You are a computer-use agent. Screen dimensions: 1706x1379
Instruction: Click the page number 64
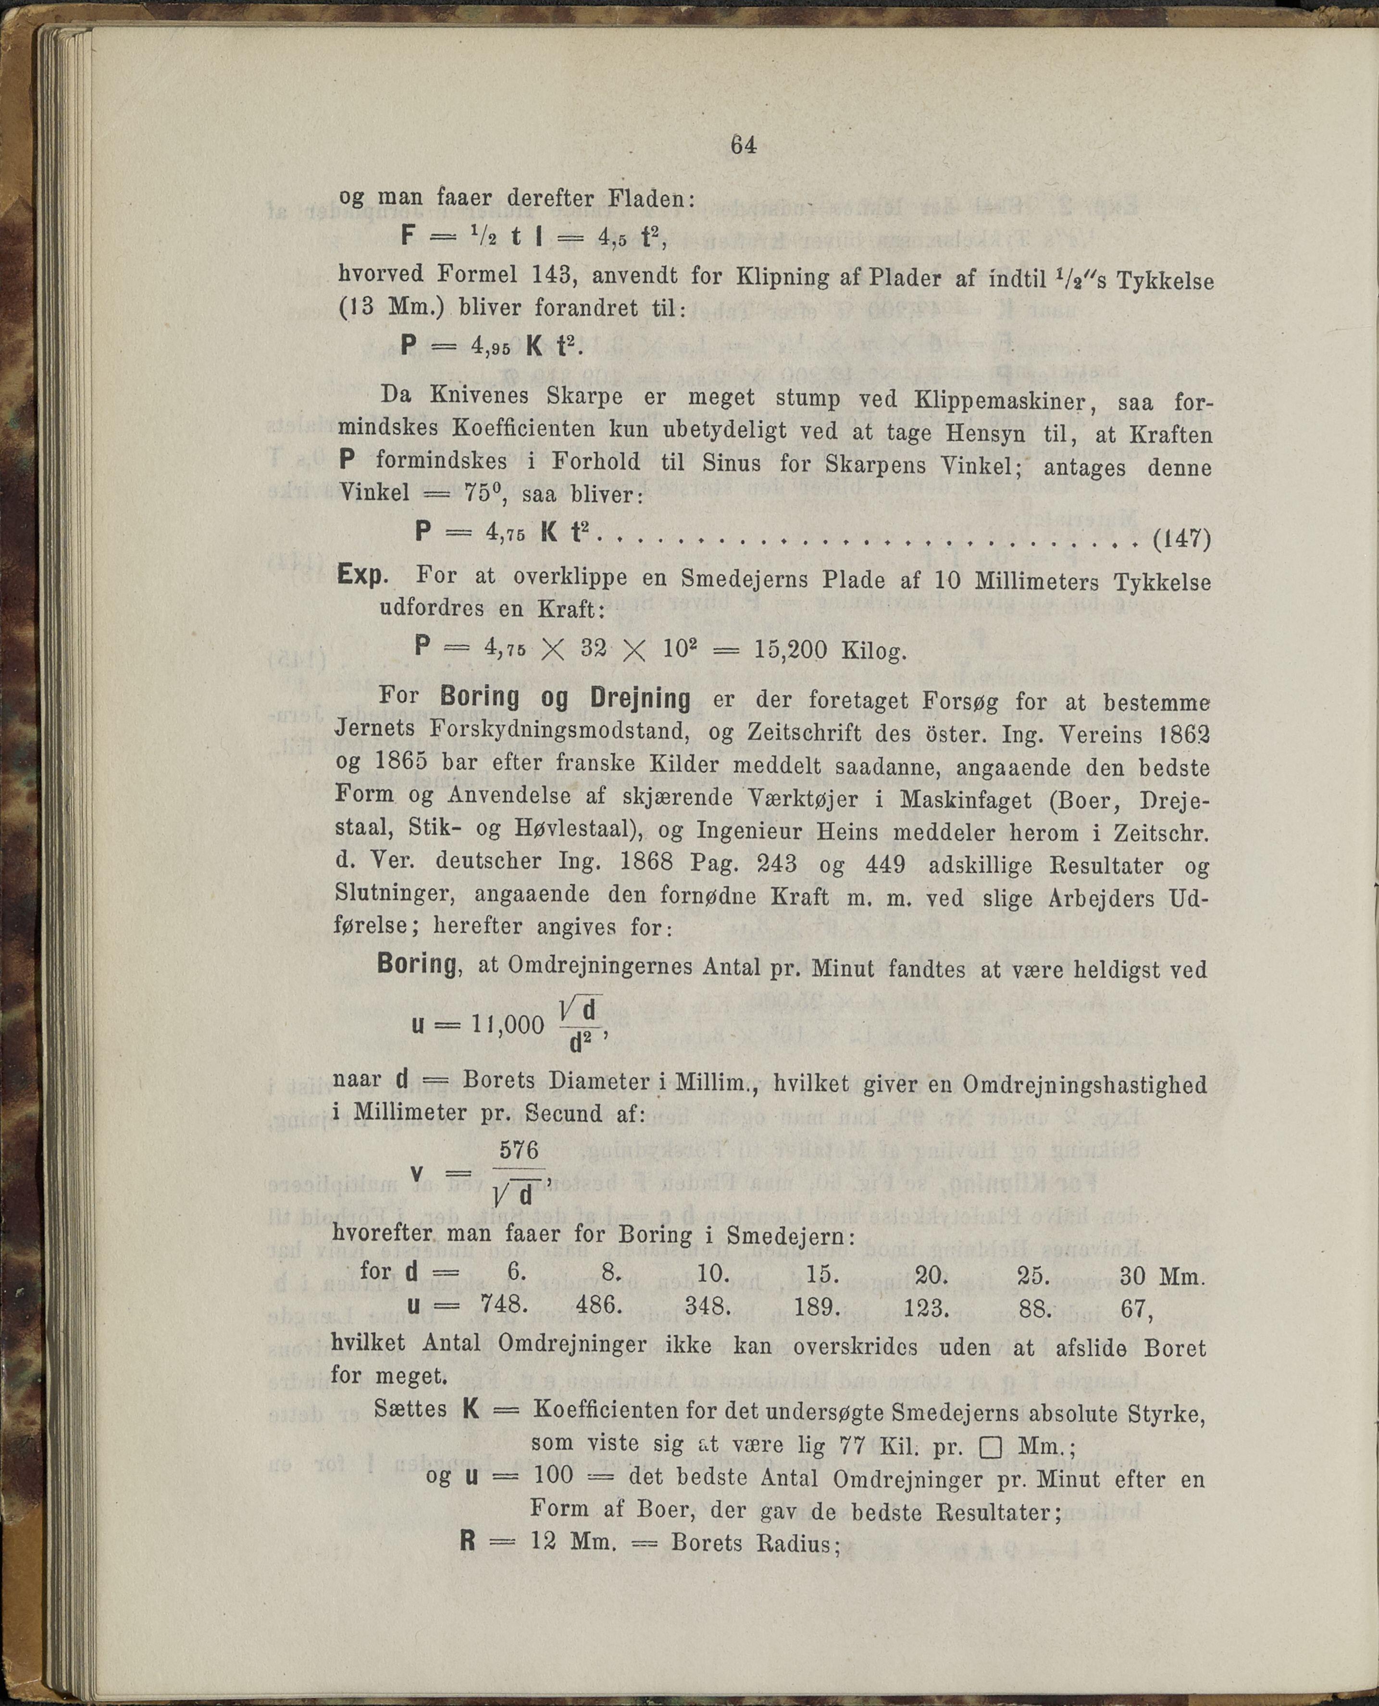(x=743, y=145)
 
